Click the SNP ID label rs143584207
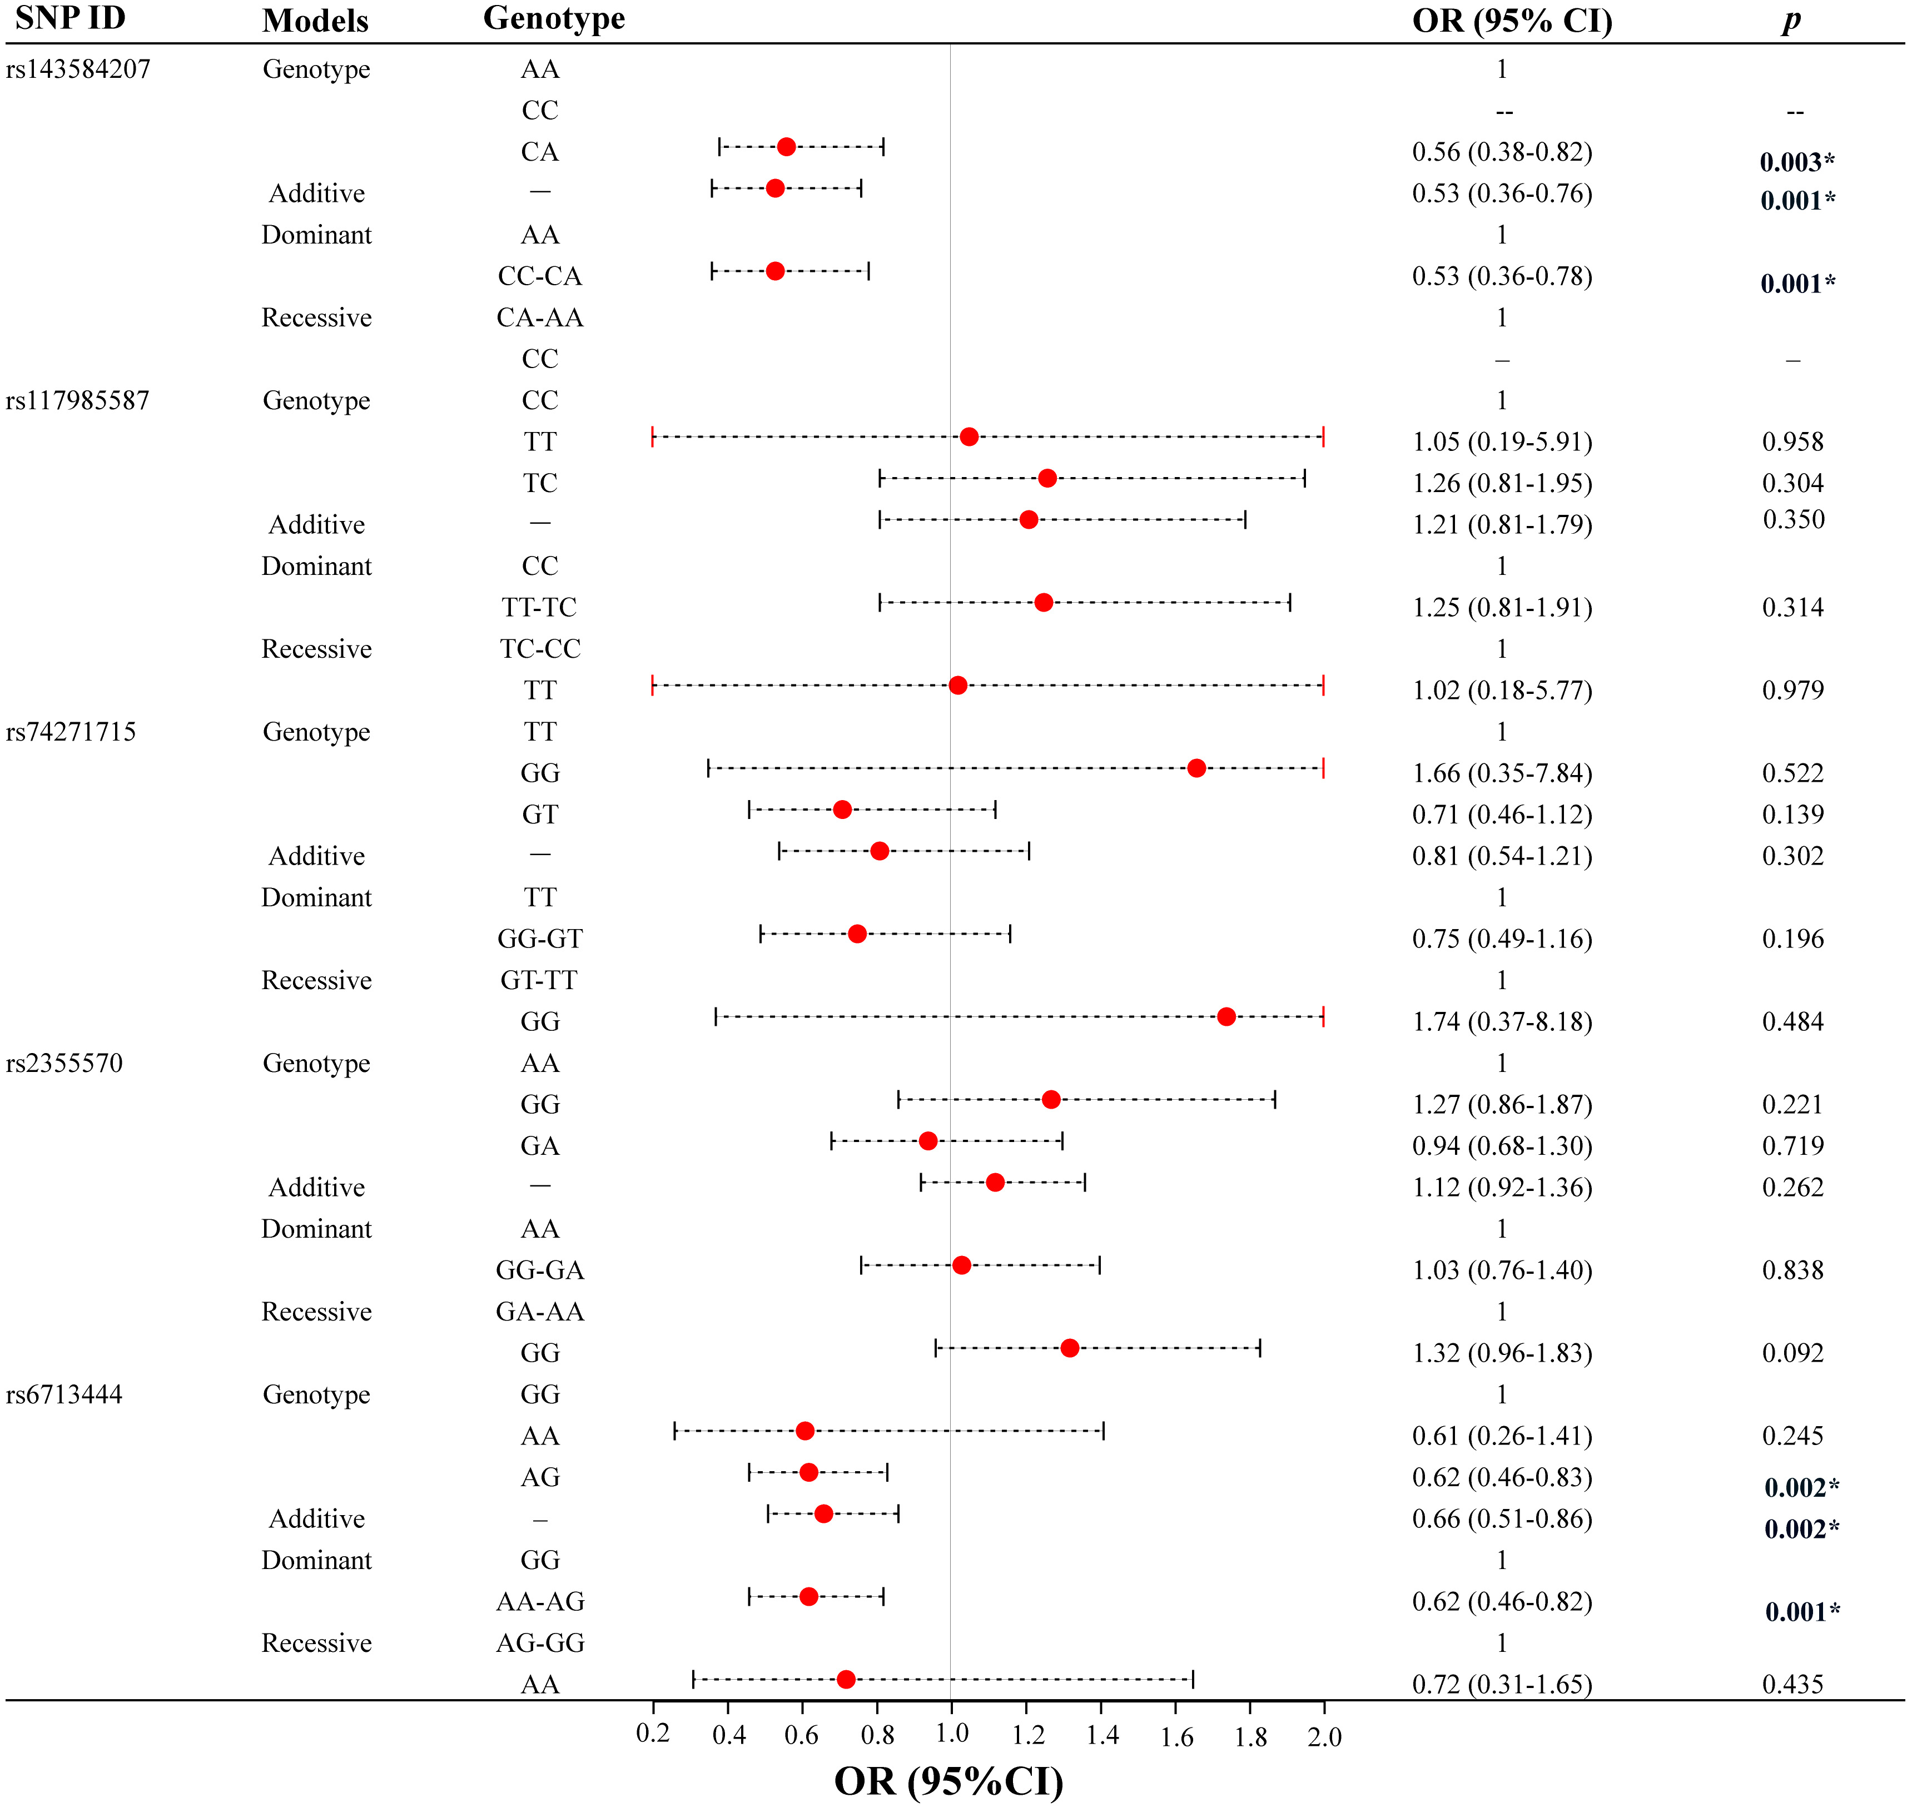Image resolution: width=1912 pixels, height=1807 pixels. click(78, 69)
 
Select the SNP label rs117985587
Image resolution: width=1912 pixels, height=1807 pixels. click(78, 401)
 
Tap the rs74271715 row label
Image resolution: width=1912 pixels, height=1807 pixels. click(71, 732)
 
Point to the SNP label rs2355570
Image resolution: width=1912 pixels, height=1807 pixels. click(64, 1064)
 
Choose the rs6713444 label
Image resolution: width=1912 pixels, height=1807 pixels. click(64, 1395)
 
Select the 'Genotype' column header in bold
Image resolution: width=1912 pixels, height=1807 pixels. click(554, 18)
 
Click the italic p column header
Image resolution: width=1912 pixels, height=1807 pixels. click(1791, 20)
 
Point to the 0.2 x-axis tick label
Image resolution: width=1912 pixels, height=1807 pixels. click(653, 1734)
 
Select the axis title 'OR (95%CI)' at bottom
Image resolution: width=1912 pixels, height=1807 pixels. click(949, 1781)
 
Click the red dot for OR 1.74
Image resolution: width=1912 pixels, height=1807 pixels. click(1226, 1017)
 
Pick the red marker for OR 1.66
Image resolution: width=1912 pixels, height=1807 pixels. click(1196, 768)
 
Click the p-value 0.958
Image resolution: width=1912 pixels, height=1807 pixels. click(1792, 442)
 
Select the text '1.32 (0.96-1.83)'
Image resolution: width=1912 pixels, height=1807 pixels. click(1502, 1353)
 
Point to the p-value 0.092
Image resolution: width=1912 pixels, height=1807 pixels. click(1792, 1353)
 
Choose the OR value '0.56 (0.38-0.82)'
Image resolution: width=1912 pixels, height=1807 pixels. click(1502, 152)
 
